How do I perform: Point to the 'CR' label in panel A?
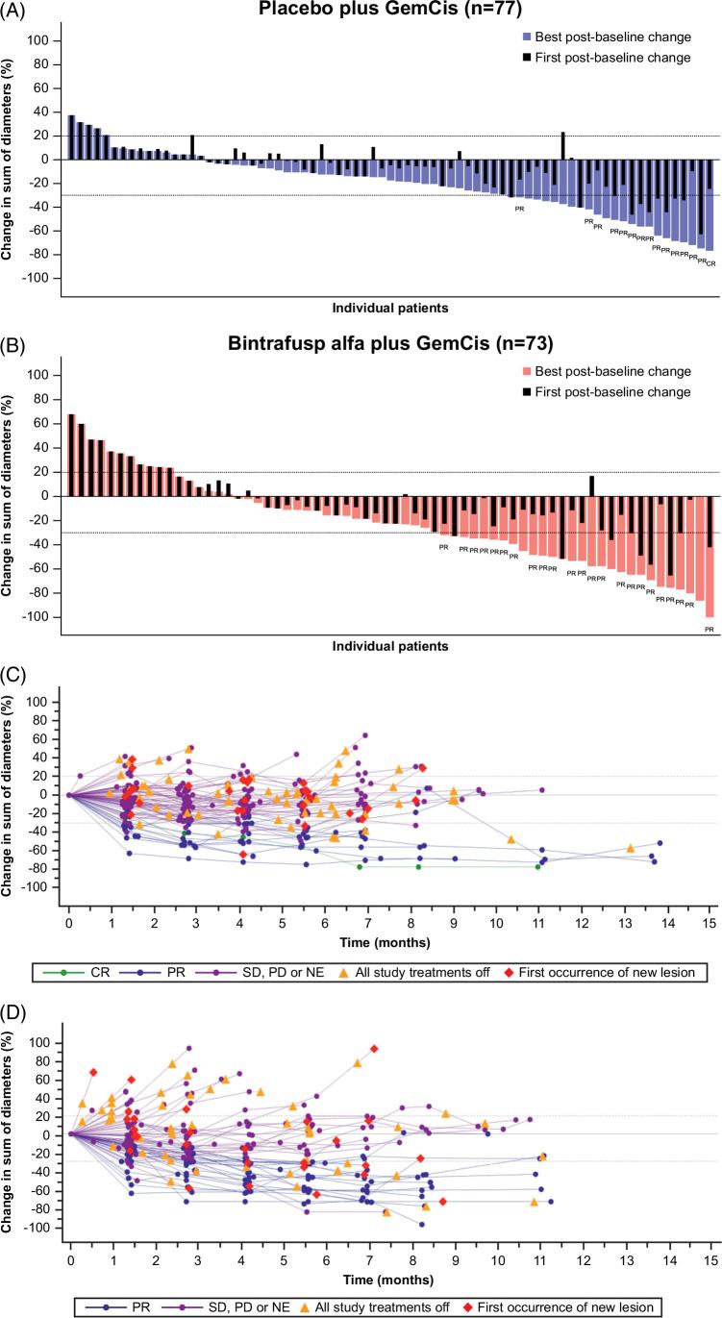pos(710,262)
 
